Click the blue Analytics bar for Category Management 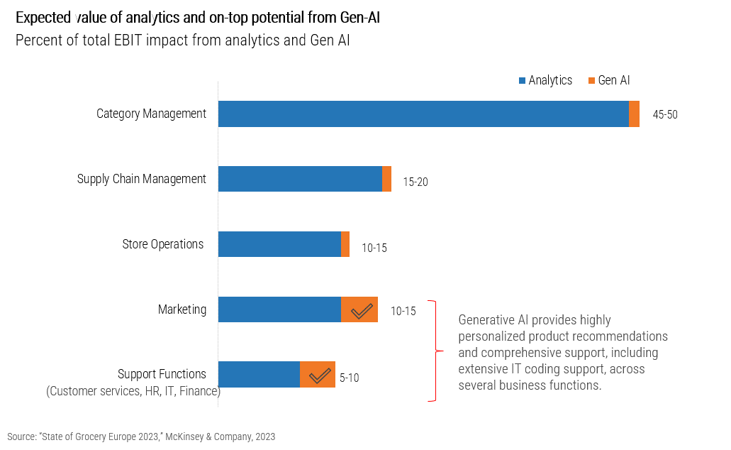pos(423,114)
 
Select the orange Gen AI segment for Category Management pos(634,114)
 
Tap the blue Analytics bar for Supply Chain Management pos(300,179)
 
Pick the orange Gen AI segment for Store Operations pos(345,244)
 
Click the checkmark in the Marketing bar pos(362,310)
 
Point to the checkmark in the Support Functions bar pos(320,375)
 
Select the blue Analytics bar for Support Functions pos(259,375)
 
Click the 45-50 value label pos(665,115)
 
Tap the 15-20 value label pos(415,182)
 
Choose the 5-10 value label pos(349,378)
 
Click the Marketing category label pos(182,309)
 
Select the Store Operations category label pos(163,244)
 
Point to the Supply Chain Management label pos(142,179)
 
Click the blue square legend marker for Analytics pos(522,81)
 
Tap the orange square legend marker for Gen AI pos(591,81)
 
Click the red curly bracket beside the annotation pos(435,350)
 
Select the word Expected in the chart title pos(42,18)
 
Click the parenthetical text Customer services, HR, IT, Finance pos(133,391)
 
